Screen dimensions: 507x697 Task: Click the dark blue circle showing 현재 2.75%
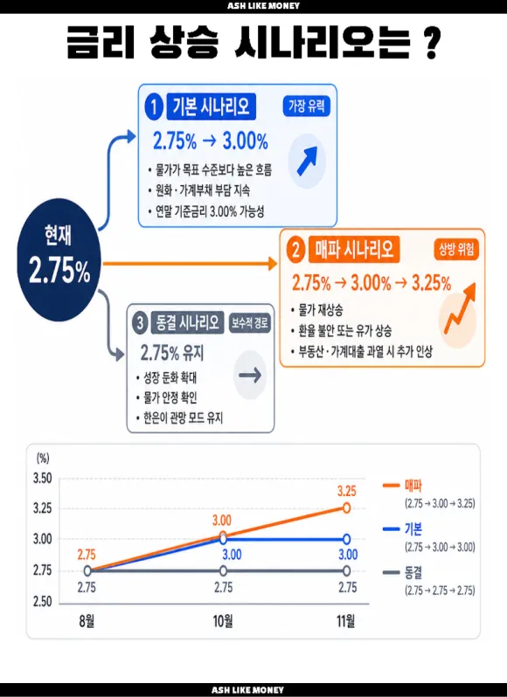tap(59, 259)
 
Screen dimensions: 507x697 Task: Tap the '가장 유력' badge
tap(307, 106)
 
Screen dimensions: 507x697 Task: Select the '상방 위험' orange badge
tap(456, 250)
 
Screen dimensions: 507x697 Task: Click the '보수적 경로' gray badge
tap(249, 322)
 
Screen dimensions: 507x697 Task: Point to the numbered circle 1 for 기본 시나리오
tap(154, 107)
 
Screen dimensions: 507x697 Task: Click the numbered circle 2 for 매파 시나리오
tap(295, 251)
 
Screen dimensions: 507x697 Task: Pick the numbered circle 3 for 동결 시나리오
tap(140, 322)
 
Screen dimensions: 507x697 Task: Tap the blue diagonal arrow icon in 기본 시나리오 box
tap(307, 161)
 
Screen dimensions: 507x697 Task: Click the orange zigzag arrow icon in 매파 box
tap(458, 309)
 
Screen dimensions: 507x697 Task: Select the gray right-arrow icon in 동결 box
tap(250, 376)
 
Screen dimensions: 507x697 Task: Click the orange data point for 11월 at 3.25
tap(346, 507)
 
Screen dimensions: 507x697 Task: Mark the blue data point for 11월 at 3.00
tap(346, 539)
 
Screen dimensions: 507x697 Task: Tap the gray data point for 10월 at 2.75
tap(223, 570)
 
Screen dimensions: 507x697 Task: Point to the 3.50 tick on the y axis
tap(43, 479)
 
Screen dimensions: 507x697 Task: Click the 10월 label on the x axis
tap(223, 621)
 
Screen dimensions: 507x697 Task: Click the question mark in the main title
tap(430, 43)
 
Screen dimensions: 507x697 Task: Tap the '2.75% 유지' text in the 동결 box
tap(172, 353)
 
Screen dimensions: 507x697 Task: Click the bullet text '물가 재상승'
tap(320, 310)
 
